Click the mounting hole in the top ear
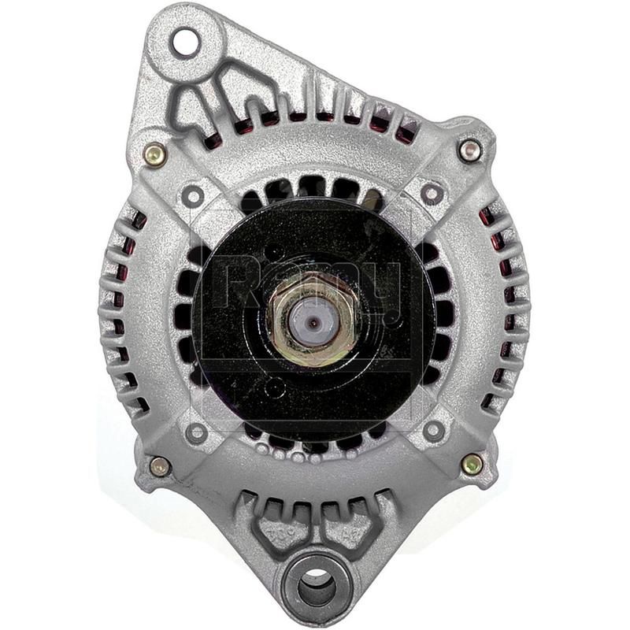pos(184,42)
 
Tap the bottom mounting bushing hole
pos(318,587)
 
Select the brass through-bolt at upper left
pos(155,154)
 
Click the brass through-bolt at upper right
pos(470,150)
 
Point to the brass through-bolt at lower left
pos(160,466)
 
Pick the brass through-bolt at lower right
pos(472,463)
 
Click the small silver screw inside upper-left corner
pos(193,195)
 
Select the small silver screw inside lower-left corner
pos(196,432)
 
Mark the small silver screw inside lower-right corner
pos(434,430)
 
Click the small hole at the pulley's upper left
pos(272,254)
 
